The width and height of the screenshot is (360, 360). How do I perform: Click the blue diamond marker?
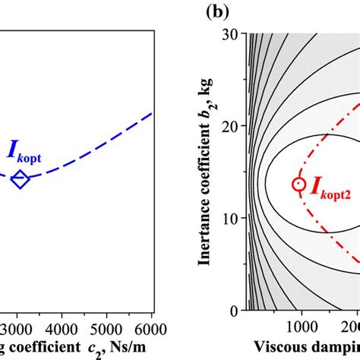point(20,179)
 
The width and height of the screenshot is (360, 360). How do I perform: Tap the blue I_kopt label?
point(25,151)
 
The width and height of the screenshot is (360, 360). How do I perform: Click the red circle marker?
point(299,183)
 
